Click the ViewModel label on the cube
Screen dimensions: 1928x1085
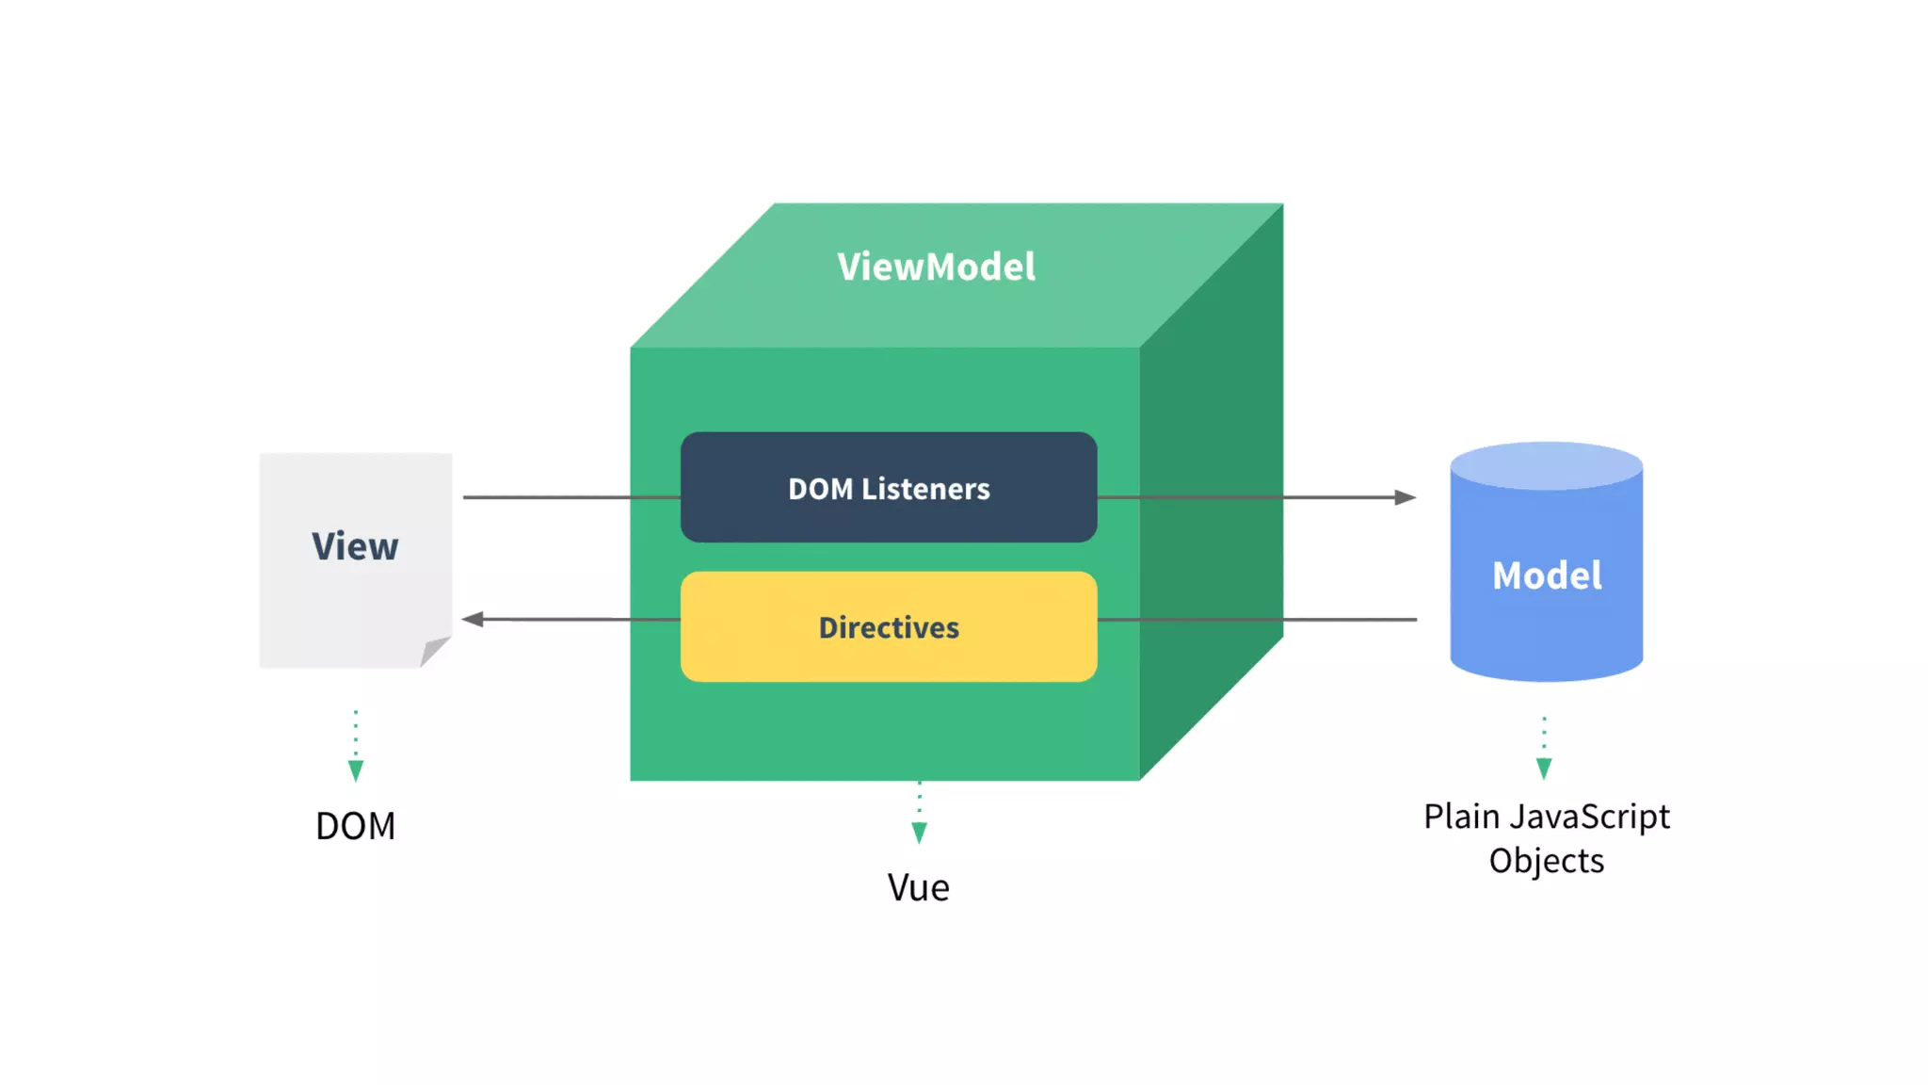point(937,267)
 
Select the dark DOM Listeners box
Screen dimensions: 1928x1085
point(889,487)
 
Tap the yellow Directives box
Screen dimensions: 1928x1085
point(889,626)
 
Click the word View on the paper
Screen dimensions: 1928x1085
point(355,546)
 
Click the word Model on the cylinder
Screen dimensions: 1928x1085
point(1547,575)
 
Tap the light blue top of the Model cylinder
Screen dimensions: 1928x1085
point(1547,465)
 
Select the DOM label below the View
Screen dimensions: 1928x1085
point(356,826)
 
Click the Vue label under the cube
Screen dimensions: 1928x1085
point(919,887)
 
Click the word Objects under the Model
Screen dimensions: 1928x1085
point(1547,861)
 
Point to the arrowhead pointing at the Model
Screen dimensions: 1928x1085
point(1406,497)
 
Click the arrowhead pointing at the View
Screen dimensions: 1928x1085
point(473,619)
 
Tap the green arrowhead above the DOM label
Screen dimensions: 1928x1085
point(356,771)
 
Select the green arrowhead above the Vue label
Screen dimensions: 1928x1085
point(920,833)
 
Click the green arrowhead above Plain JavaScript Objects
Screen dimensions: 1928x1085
point(1544,769)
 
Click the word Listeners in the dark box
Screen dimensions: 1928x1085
point(925,489)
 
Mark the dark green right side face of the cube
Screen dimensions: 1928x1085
point(1212,492)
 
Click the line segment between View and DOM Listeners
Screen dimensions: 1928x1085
point(571,497)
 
